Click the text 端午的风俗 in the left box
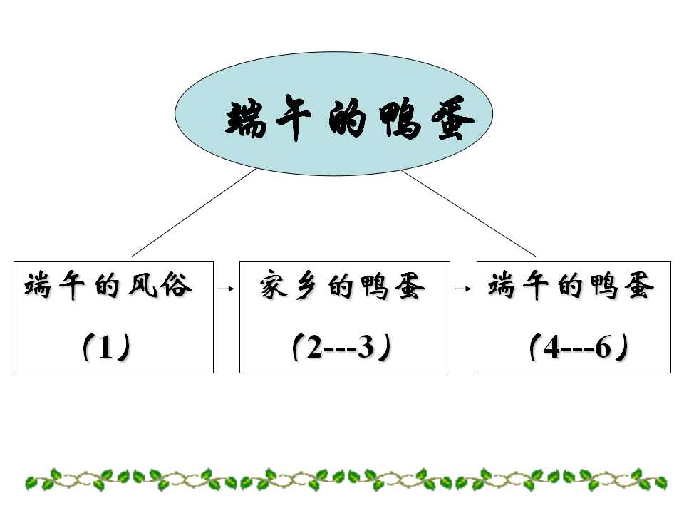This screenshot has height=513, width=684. (x=108, y=286)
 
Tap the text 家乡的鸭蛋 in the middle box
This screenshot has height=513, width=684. (x=342, y=286)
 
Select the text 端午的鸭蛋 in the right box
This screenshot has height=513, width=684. (x=571, y=286)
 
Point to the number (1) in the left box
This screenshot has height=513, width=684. (x=107, y=348)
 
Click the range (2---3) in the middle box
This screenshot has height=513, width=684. (x=342, y=348)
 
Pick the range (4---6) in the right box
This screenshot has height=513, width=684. (x=579, y=348)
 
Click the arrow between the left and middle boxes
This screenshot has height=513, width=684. (x=226, y=289)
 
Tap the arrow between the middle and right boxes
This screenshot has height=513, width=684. (x=463, y=289)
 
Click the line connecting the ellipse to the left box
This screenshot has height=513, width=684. (x=194, y=212)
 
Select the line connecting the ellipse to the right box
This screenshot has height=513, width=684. (x=469, y=213)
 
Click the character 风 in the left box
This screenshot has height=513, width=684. (x=142, y=286)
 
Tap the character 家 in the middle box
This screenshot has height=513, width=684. (x=274, y=286)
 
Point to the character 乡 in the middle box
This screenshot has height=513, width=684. (x=307, y=287)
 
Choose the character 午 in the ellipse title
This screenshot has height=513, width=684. (x=294, y=117)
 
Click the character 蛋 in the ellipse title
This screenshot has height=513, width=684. (x=452, y=119)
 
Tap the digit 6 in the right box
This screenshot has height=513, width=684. (x=603, y=348)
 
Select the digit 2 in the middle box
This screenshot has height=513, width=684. (x=314, y=348)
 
